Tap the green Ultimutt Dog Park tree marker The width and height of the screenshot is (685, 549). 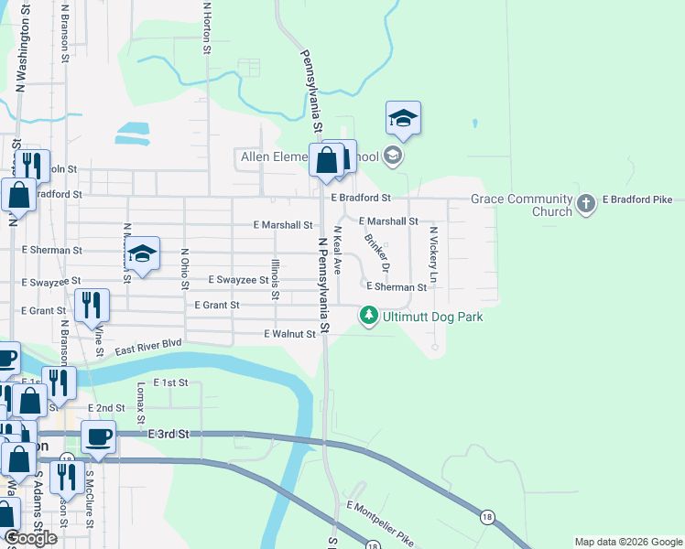tap(369, 316)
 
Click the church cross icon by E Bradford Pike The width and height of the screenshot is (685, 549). tap(586, 204)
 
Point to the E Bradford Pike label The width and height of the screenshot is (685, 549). tap(637, 199)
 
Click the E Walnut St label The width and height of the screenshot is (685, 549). tap(289, 334)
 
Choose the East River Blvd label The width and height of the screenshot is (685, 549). tap(147, 348)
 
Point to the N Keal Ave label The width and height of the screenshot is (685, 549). tap(338, 252)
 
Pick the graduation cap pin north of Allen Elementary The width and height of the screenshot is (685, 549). tap(403, 117)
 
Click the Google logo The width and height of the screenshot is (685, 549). tap(30, 538)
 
